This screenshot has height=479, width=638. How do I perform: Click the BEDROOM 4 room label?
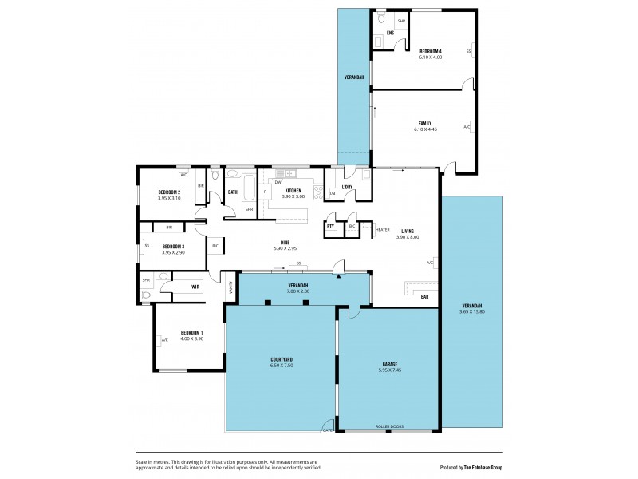(x=431, y=51)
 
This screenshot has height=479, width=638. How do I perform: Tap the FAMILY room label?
(x=424, y=123)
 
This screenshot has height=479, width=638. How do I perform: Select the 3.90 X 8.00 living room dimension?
(x=408, y=237)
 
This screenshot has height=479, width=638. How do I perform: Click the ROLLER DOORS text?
(x=389, y=426)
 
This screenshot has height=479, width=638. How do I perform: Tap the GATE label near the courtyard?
(x=327, y=430)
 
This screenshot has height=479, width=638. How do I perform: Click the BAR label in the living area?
(x=424, y=296)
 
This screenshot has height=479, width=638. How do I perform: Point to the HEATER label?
(x=382, y=230)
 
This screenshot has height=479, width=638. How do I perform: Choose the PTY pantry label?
(x=330, y=227)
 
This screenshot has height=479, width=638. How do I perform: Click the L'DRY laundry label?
(x=347, y=188)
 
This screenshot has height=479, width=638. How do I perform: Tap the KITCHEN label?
(x=293, y=190)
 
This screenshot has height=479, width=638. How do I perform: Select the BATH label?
(x=233, y=192)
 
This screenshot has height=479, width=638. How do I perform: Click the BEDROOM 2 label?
(x=169, y=192)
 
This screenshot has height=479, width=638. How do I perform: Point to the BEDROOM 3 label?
(x=173, y=247)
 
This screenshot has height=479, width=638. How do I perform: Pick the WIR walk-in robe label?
(x=195, y=286)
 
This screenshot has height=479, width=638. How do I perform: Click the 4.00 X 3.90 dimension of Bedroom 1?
(x=191, y=338)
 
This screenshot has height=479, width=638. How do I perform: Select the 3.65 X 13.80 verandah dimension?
(x=473, y=312)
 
